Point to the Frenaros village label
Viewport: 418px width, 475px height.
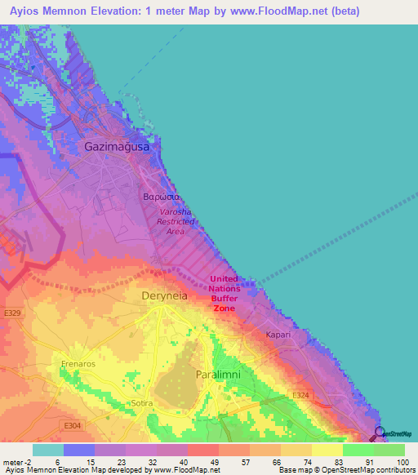coord(79,364)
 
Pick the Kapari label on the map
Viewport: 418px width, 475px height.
coord(278,335)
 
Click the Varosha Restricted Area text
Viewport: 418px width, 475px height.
coord(176,221)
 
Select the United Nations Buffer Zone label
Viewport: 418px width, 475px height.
coord(225,293)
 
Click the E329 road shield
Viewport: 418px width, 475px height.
coord(11,313)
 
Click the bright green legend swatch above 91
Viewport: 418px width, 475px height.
coord(358,450)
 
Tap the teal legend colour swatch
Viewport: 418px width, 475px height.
coord(48,450)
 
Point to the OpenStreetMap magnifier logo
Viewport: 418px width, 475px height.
coord(379,433)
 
